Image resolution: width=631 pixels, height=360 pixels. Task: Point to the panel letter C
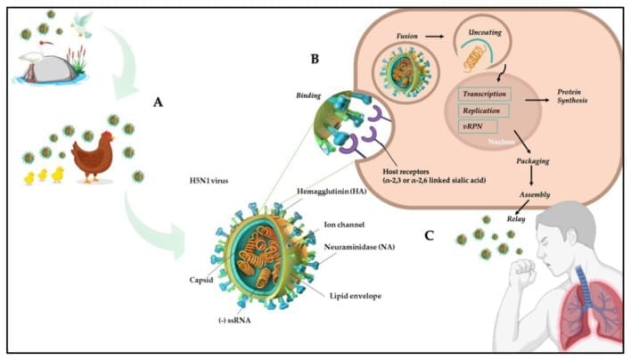coord(430,235)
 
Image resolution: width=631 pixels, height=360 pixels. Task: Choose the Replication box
coord(485,110)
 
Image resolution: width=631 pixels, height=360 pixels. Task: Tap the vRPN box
coord(473,128)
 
